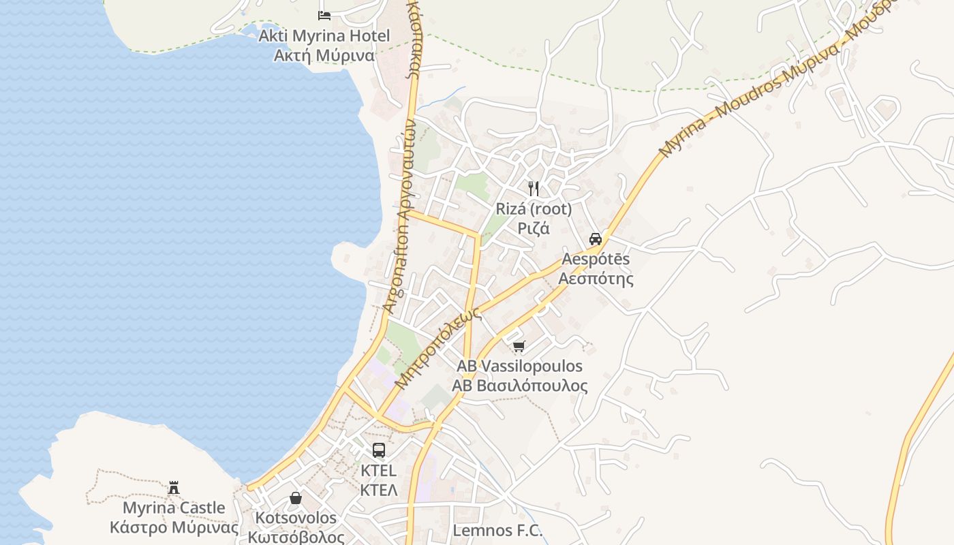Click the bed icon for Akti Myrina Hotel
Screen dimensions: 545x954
pos(324,15)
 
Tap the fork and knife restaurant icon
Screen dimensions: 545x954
pos(534,189)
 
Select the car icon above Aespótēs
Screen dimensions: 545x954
pos(596,238)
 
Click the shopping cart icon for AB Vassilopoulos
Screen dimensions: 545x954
pos(519,347)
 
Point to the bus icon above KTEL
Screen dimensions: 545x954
pos(378,450)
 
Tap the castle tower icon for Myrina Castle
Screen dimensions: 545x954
pos(174,487)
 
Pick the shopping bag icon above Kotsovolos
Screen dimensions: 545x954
pos(296,498)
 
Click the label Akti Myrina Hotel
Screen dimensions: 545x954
pos(324,35)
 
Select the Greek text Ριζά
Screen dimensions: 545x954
pos(534,228)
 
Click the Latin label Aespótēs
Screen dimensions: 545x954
pos(596,259)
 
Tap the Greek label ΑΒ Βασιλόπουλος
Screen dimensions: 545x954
pos(519,386)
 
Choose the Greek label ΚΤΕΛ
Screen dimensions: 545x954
pos(378,490)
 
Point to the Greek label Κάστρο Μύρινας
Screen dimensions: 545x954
pos(174,528)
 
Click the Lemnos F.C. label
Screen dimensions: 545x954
pos(498,531)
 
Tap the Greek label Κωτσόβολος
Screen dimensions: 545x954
pos(296,537)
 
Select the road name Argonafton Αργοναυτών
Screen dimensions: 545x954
pos(401,218)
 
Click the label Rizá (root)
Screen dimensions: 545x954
pos(534,208)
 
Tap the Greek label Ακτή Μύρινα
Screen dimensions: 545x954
pos(324,55)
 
